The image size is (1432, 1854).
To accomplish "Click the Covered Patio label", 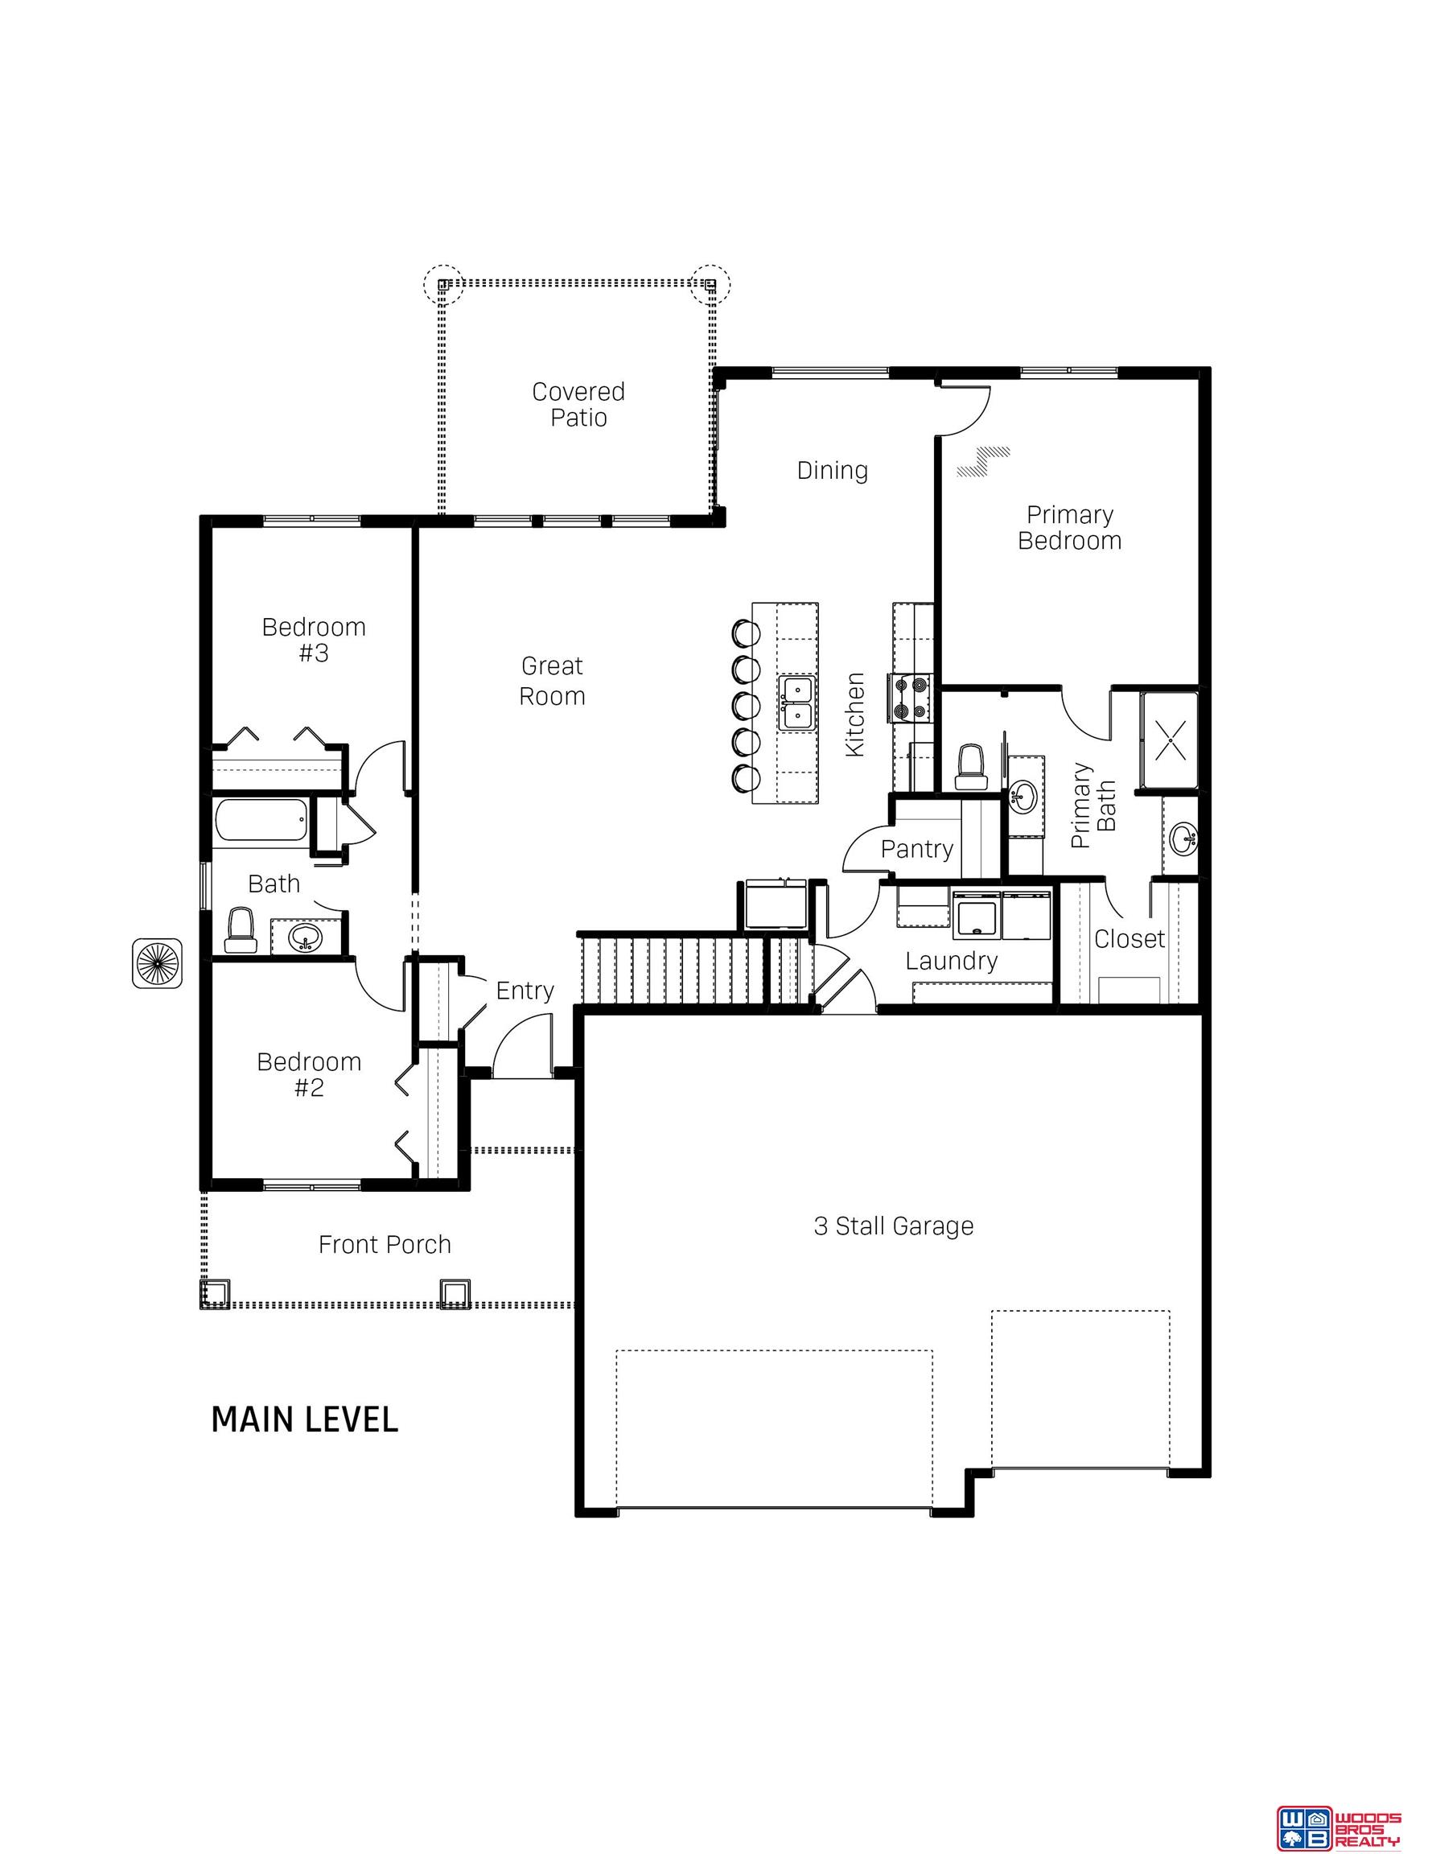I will [x=578, y=404].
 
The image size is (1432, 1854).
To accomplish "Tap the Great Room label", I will [x=552, y=681].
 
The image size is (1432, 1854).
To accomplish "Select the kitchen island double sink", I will [x=797, y=702].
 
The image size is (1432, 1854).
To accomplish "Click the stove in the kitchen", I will [x=910, y=698].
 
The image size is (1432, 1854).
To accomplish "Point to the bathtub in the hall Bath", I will [x=261, y=820].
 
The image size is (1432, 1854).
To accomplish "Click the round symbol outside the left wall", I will [x=157, y=962].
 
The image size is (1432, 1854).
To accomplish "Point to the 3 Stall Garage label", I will [x=893, y=1226].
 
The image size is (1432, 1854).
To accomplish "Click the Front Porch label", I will [x=384, y=1245].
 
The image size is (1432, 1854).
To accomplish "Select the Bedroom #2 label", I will [x=309, y=1074].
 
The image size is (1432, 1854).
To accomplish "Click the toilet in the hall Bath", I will [x=241, y=929].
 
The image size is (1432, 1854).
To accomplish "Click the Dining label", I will [x=832, y=470].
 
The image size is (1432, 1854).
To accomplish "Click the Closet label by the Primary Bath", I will [x=1129, y=938].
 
